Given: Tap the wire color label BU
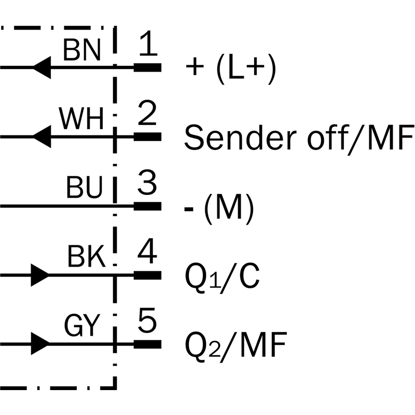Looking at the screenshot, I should pyautogui.click(x=85, y=189).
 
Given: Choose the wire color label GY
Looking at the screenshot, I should pyautogui.click(x=81, y=326).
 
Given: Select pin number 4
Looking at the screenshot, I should pyautogui.click(x=148, y=253).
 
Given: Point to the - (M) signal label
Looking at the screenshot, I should pyautogui.click(x=220, y=208).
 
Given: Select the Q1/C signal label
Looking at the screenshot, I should pyautogui.click(x=222, y=278).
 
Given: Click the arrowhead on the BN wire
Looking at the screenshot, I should pyautogui.click(x=41, y=67).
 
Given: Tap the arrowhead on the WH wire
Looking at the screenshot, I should pyautogui.click(x=41, y=137).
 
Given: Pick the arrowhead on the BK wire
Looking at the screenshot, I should pyautogui.click(x=40, y=275).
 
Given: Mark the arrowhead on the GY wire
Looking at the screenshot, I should pyautogui.click(x=40, y=344).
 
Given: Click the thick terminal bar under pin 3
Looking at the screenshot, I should pyautogui.click(x=148, y=206).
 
